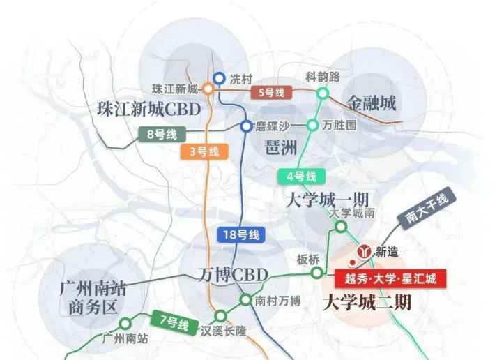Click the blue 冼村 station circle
click(220, 78)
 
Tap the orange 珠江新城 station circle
click(208, 89)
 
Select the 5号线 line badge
click(272, 93)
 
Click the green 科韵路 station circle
click(322, 93)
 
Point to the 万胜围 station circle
click(312, 125)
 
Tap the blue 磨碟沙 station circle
click(247, 126)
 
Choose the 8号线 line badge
click(162, 134)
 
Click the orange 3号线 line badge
click(204, 151)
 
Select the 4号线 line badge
click(302, 177)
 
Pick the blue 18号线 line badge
click(241, 234)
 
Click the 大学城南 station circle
click(341, 227)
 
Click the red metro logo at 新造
click(364, 251)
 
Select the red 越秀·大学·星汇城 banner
click(390, 278)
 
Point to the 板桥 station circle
click(316, 273)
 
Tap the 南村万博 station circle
click(245, 300)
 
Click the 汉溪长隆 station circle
click(221, 316)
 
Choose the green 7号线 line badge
click(174, 322)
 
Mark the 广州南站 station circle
click(125, 323)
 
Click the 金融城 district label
click(372, 103)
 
